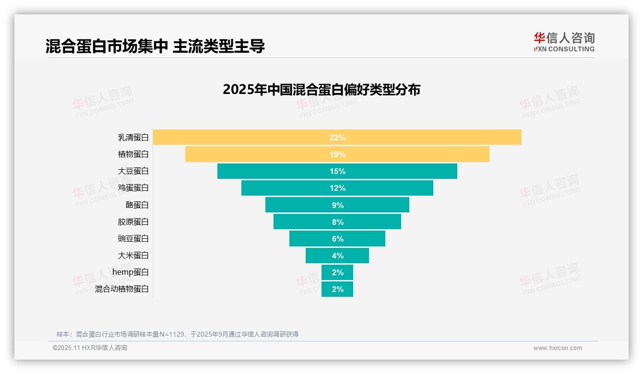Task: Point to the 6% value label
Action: pos(337,239)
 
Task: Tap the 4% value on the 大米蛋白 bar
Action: pos(337,256)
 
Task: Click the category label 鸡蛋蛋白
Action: pos(133,188)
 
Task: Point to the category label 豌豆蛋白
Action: pos(133,238)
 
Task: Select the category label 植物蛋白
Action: pos(133,154)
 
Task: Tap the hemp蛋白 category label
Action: pos(131,272)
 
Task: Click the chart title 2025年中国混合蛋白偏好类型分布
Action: pos(321,90)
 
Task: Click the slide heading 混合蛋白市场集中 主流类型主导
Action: pos(155,46)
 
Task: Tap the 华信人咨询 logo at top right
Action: pos(564,42)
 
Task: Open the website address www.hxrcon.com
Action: pos(558,348)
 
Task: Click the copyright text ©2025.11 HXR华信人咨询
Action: pos(90,348)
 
